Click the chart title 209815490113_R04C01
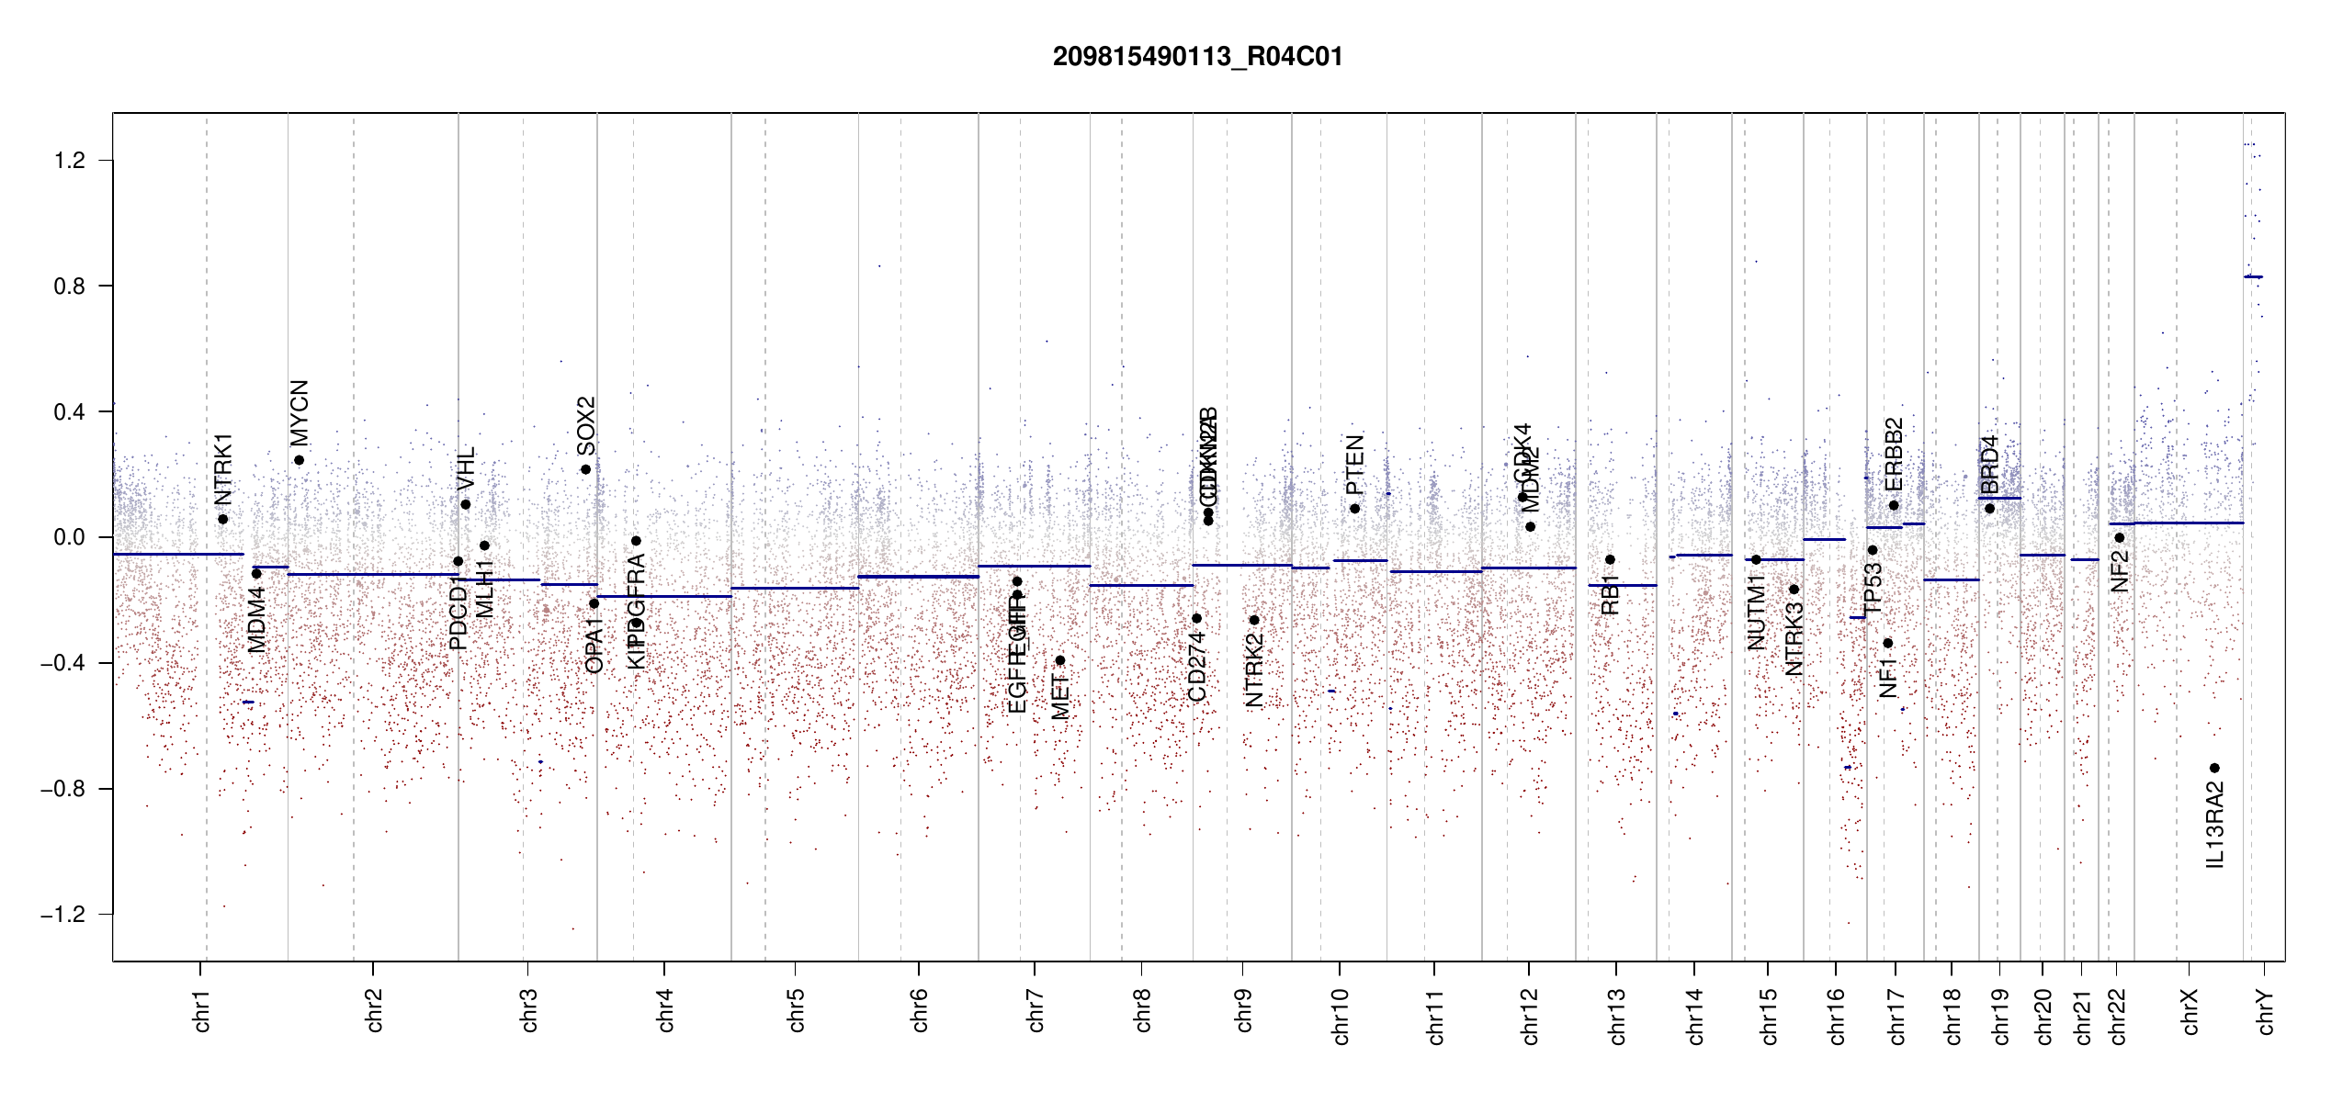coord(1197,57)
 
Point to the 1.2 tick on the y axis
coord(70,161)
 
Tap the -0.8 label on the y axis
coord(63,789)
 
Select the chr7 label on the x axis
coord(1036,1011)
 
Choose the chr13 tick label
coord(1616,1017)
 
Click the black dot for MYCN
coord(299,460)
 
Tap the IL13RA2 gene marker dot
coord(2214,768)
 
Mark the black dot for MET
coord(1059,660)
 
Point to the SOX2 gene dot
coord(585,469)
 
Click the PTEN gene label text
coord(1354,465)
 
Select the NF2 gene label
coord(2119,570)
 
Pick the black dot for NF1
coord(1887,643)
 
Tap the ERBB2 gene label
coord(1893,455)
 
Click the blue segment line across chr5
coord(795,588)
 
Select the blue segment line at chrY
coord(2253,276)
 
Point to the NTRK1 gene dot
coord(222,519)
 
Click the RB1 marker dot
coord(1610,559)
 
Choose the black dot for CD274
coord(1196,618)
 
